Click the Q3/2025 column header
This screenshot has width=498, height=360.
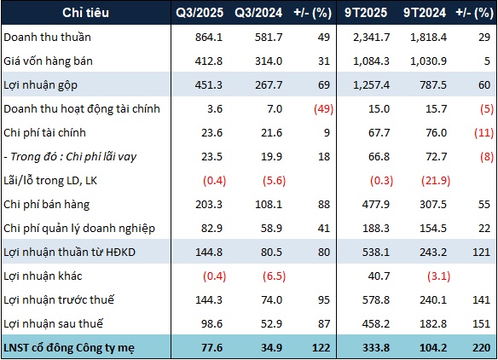200,13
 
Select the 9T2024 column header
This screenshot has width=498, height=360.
425,13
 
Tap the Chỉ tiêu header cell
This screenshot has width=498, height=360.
85,13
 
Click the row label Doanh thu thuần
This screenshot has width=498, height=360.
47,38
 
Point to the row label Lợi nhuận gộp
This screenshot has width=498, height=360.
40,85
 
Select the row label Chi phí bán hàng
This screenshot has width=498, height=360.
46,204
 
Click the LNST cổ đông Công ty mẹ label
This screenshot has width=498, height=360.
69,348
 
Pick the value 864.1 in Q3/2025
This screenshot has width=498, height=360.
209,38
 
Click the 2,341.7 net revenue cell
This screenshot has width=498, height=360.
371,38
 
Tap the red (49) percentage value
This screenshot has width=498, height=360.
324,109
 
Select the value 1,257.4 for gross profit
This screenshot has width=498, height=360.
371,85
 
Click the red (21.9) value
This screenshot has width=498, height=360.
436,181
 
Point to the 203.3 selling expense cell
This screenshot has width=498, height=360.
209,204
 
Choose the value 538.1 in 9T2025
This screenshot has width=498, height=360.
376,252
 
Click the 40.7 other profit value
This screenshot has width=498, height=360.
379,276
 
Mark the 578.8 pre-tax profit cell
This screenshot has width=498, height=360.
376,300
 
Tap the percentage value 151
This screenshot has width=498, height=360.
482,324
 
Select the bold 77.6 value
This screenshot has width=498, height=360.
211,347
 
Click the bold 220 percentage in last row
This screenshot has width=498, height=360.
482,347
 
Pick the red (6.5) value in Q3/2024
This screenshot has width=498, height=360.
274,276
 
